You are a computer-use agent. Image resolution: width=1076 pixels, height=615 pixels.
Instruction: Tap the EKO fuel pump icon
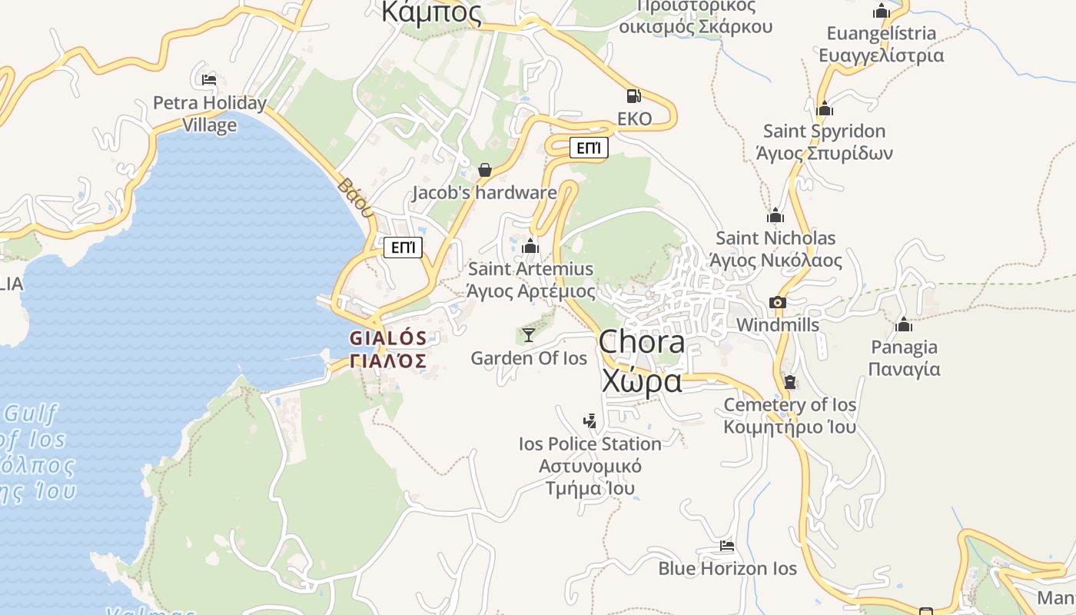[x=633, y=96]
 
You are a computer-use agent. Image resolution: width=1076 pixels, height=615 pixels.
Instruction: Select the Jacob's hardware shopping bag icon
[x=485, y=170]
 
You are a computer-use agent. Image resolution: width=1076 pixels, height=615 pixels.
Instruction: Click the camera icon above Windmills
[x=778, y=303]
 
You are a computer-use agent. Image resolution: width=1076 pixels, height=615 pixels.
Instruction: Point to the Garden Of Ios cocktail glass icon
[x=529, y=334]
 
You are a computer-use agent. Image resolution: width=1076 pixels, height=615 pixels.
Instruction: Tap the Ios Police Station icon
[x=589, y=421]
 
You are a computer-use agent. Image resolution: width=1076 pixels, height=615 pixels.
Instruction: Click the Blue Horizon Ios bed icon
[x=727, y=546]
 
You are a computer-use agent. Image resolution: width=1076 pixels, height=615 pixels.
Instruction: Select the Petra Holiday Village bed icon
[x=209, y=79]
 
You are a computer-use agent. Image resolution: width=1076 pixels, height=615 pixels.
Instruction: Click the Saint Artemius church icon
[x=530, y=247]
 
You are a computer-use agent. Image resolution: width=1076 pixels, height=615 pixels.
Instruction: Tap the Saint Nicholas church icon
[x=775, y=216]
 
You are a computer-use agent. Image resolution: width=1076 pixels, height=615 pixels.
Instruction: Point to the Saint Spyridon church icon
[x=825, y=108]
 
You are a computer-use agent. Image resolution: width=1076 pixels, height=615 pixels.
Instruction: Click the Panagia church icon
[x=904, y=325]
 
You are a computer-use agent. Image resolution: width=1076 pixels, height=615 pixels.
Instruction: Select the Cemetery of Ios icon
[x=790, y=382]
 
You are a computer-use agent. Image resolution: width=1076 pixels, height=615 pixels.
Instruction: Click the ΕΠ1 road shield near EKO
[x=589, y=148]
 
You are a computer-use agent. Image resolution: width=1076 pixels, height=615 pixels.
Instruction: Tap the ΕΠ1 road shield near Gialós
[x=403, y=248]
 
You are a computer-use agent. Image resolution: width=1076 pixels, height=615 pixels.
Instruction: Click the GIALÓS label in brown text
[x=388, y=338]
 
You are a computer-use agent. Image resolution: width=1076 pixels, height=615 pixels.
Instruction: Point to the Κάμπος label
[x=431, y=13]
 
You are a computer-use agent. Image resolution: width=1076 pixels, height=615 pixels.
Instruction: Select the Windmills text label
[x=778, y=325]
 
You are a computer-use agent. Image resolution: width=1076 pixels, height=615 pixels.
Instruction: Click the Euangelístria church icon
[x=882, y=12]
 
